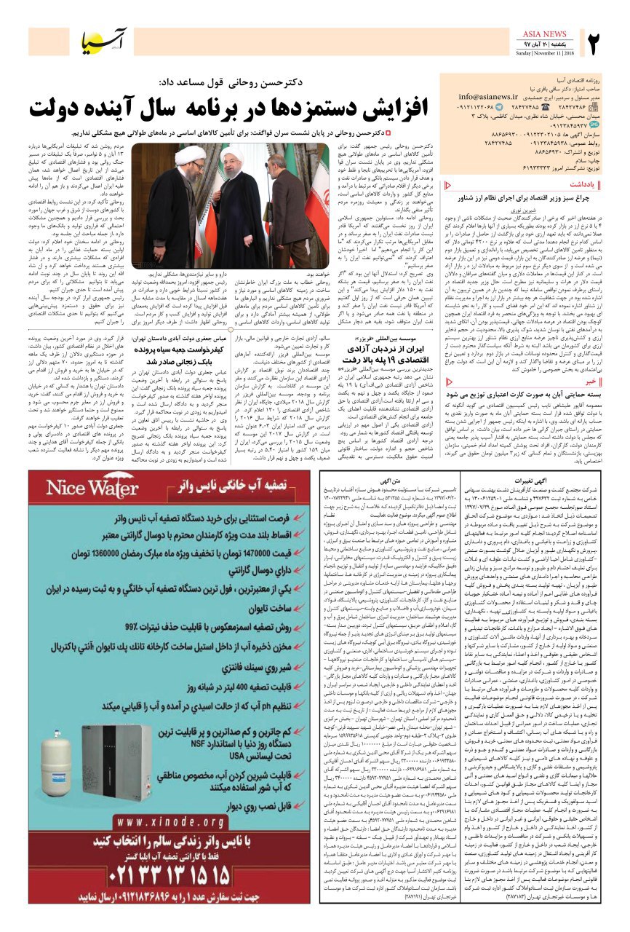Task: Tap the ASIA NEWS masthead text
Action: [x=545, y=34]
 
